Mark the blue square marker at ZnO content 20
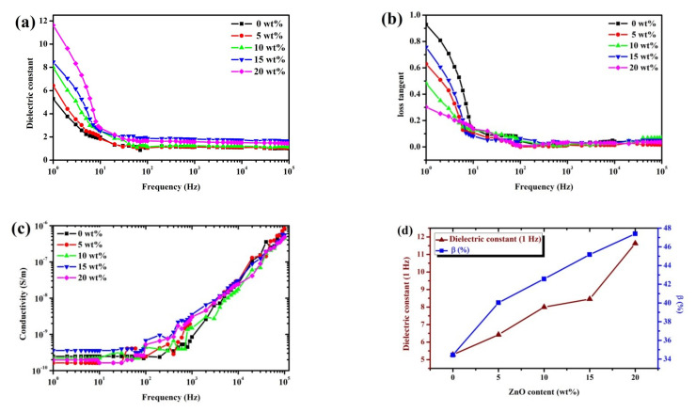tap(636, 233)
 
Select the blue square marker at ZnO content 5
tap(498, 302)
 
